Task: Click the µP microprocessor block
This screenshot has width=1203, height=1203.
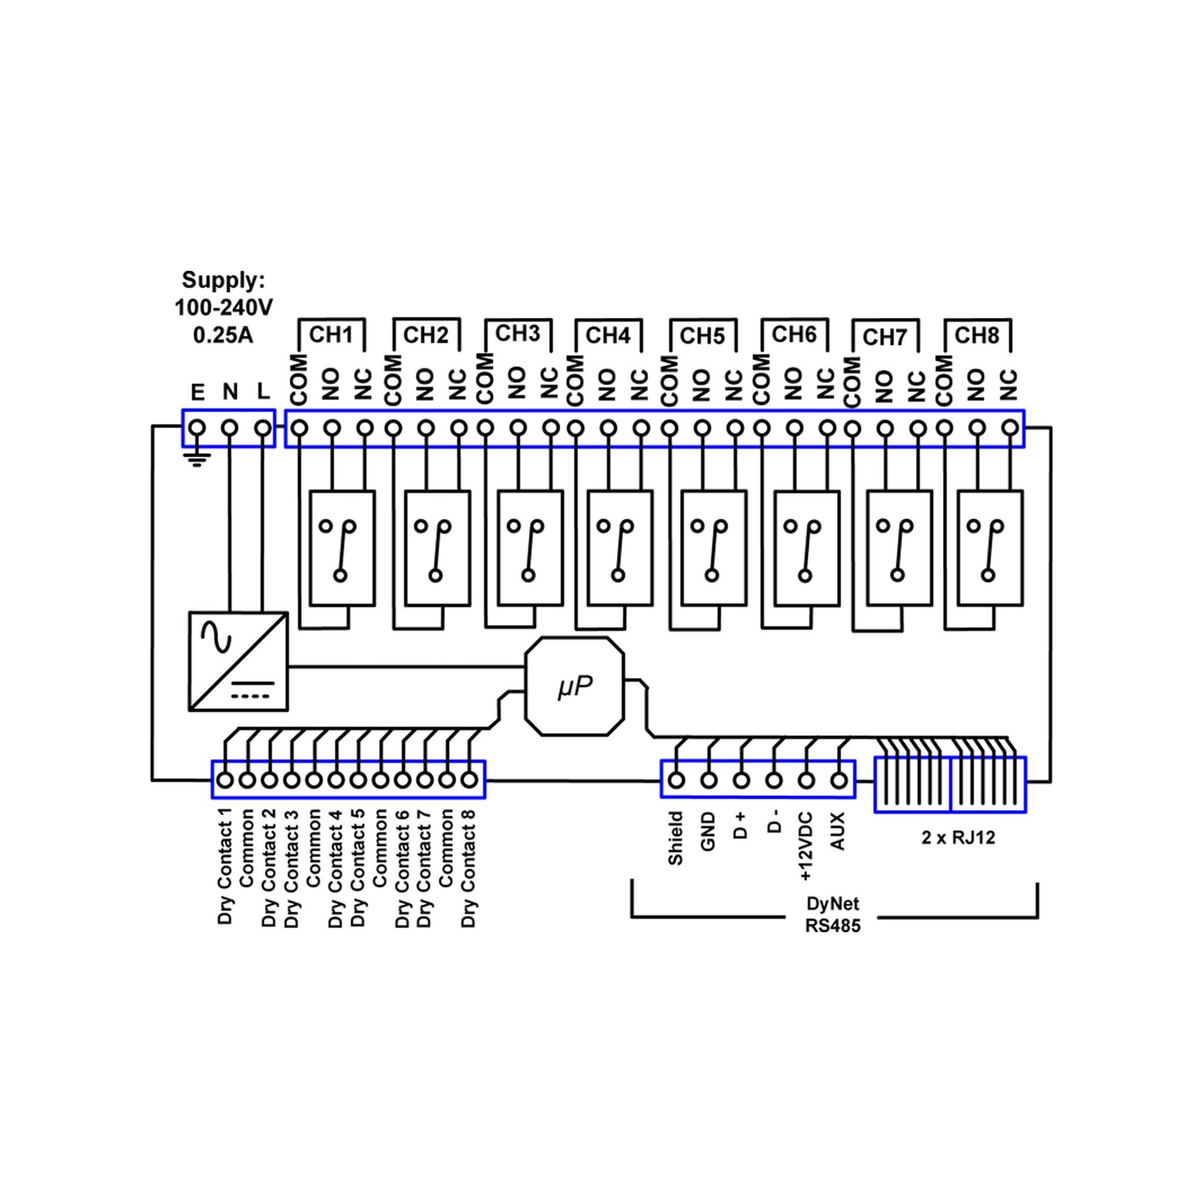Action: click(574, 687)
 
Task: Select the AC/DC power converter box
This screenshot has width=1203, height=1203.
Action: click(239, 661)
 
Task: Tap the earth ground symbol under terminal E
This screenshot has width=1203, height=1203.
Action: click(197, 461)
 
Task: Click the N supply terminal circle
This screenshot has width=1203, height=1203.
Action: click(231, 428)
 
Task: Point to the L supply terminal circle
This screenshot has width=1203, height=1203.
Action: click(263, 428)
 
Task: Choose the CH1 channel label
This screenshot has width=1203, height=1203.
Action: click(331, 335)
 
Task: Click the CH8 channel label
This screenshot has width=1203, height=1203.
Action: click(976, 336)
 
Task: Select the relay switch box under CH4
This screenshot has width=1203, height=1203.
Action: click(619, 548)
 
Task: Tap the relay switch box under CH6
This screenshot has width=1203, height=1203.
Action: click(806, 548)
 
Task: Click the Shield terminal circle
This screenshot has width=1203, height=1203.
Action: click(676, 780)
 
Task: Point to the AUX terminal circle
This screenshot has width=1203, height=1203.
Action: click(840, 780)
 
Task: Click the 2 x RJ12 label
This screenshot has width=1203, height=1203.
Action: click(958, 838)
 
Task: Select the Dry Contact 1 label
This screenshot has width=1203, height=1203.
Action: click(225, 866)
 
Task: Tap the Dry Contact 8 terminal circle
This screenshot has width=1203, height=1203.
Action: click(469, 780)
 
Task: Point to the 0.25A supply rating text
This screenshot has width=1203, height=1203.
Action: click(223, 336)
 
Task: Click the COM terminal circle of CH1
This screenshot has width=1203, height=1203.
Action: click(299, 428)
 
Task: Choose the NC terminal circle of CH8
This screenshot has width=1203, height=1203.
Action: click(1011, 428)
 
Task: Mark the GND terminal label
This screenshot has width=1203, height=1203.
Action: click(708, 833)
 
